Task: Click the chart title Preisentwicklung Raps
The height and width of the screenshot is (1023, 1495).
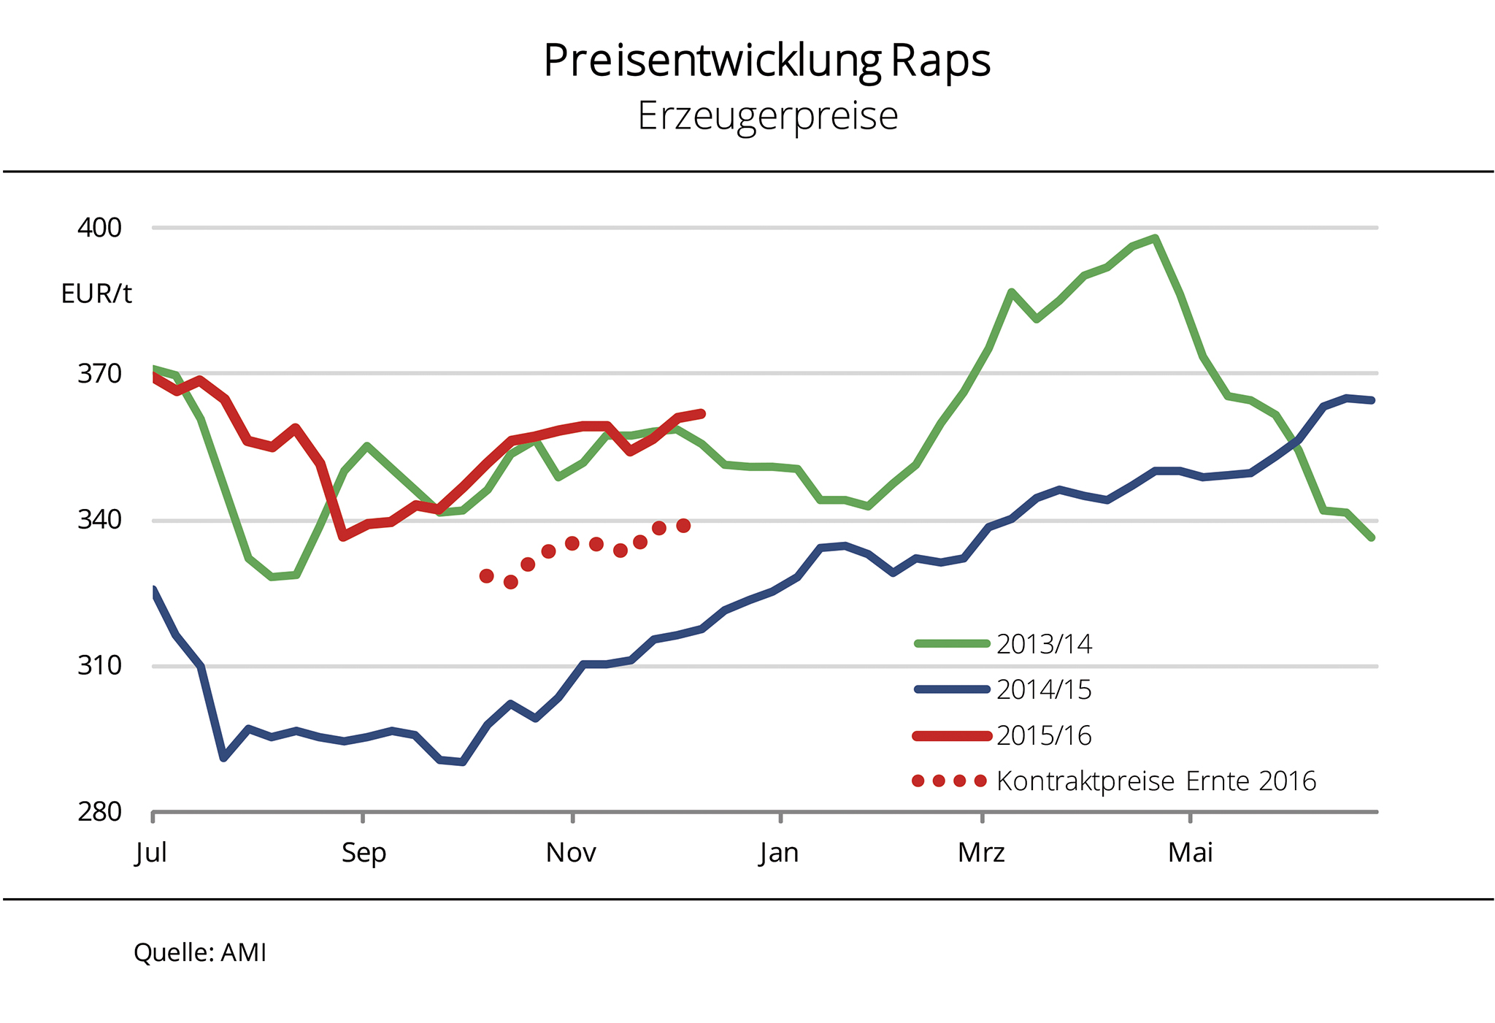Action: pos(767,61)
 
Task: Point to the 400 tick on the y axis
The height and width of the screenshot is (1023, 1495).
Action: pos(99,228)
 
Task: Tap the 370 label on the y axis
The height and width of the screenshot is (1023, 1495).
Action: pos(99,374)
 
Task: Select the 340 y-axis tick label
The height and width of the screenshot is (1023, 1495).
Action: pos(99,520)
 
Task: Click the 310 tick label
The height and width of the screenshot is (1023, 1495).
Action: pos(99,666)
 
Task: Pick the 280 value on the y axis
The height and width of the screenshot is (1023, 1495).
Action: pos(99,812)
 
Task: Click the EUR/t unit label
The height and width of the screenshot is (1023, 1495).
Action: pos(96,294)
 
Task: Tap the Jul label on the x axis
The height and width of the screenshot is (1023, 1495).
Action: pos(151,853)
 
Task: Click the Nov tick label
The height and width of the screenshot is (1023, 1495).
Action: pos(571,852)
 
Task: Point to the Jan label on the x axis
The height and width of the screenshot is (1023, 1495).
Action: pos(778,853)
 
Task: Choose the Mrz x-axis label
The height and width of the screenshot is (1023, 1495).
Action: pos(981,852)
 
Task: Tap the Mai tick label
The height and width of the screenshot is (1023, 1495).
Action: pos(1190,852)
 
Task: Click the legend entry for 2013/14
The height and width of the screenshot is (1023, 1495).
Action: pos(1004,644)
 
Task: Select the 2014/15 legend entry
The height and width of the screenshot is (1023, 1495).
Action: pos(1004,689)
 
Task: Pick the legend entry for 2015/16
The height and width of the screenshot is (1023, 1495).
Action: pos(1004,735)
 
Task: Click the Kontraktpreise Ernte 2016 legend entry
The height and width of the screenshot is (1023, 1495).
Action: pos(1115,781)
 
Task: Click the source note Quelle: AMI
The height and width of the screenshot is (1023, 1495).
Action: pos(199,953)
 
